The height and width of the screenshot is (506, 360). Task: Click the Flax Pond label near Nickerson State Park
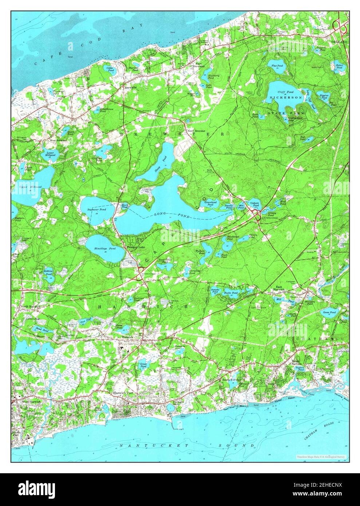(277, 67)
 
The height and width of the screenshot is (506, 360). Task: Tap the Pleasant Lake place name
(134, 247)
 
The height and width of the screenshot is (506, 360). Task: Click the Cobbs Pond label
(109, 69)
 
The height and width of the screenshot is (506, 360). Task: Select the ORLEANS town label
(339, 42)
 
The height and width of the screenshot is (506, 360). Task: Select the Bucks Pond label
(229, 293)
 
